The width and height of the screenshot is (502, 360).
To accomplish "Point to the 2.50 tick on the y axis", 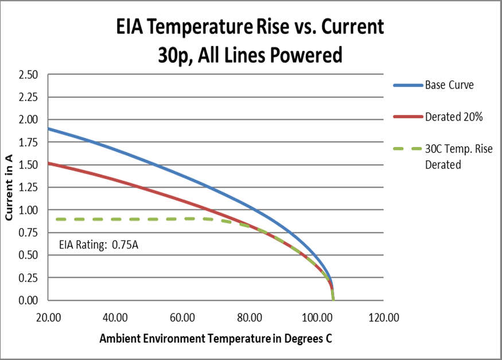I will pos(28,75).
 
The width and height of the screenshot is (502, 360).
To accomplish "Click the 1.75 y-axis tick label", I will pos(28,142).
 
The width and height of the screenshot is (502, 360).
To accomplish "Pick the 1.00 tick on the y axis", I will pos(28,210).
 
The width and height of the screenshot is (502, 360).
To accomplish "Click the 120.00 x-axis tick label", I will pos(383,318).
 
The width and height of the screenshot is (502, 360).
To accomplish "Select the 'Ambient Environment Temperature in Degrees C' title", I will pos(216,338).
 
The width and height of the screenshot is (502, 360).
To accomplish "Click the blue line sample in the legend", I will pos(407,86).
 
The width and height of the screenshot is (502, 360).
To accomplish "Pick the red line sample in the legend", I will pos(407,117).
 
